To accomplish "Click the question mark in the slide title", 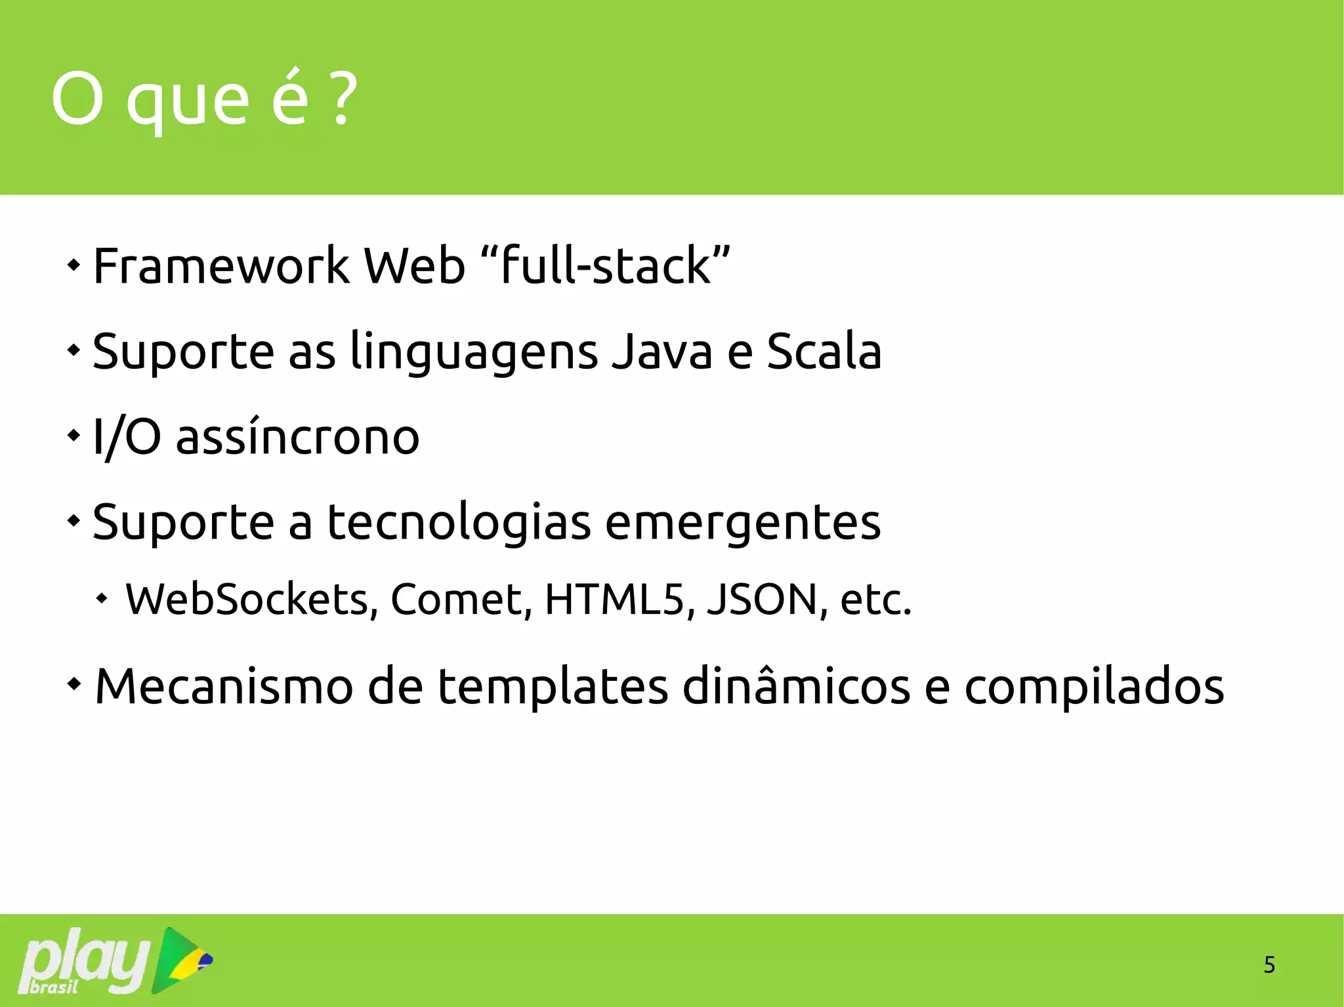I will point(344,100).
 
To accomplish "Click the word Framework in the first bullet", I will point(221,266).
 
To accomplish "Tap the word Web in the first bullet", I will point(414,266).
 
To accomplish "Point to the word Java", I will point(662,352).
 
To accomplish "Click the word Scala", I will point(824,352).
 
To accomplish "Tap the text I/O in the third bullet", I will point(127,438).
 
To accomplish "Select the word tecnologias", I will point(459,524).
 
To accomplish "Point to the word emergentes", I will point(742,524).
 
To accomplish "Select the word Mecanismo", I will point(224,686).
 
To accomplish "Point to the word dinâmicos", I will point(796,686).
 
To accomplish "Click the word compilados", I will point(1093,688).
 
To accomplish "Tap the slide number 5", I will point(1269,965).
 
